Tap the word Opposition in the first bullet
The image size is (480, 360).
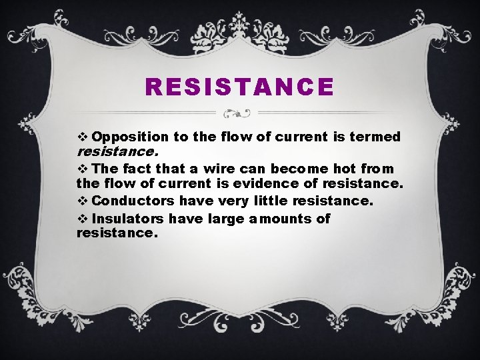[x=131, y=137]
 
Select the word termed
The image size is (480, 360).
[x=375, y=137]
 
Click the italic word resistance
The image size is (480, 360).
[x=120, y=151]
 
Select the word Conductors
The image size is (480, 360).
[x=133, y=201]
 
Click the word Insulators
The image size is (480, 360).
[x=129, y=219]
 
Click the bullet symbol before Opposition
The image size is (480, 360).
[x=83, y=137]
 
